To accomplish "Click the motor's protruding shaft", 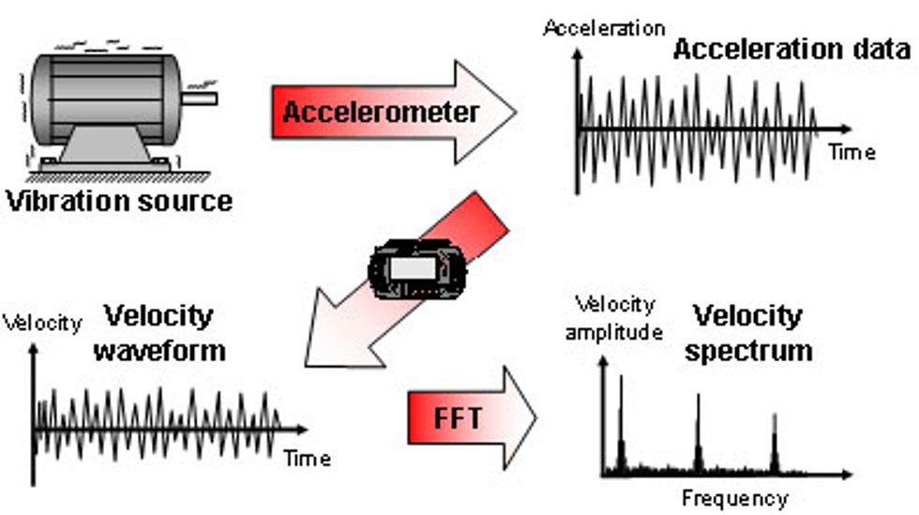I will click(x=201, y=97).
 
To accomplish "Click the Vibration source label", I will click(x=118, y=200).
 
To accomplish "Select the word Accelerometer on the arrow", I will click(x=381, y=113).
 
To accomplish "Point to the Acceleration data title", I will click(x=791, y=50).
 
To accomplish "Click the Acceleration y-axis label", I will click(x=604, y=28).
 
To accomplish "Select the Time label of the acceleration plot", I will click(x=851, y=152).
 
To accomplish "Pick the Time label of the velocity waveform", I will click(x=307, y=459).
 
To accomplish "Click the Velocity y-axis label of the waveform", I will click(x=42, y=324).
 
